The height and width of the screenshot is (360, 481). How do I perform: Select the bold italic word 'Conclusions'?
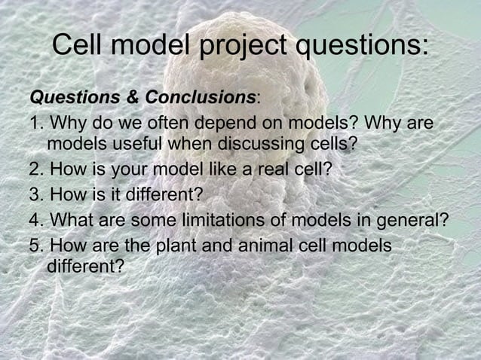coord(200,98)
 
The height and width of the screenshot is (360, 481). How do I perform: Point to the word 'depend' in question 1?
coord(225,123)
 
